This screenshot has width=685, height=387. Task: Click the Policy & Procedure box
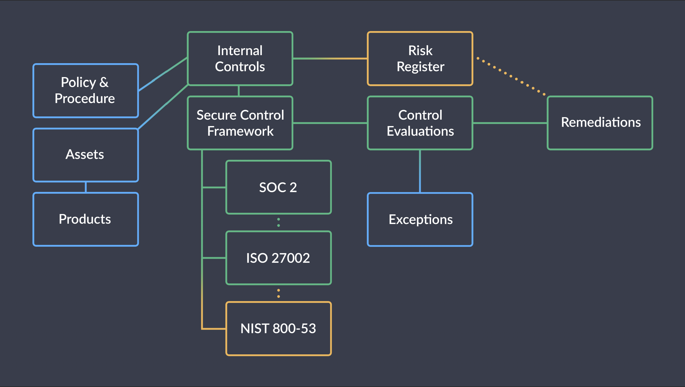[x=86, y=91]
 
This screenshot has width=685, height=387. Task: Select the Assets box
[x=86, y=155]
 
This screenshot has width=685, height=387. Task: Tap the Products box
[x=86, y=219]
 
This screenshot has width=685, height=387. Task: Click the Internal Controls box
[x=240, y=59]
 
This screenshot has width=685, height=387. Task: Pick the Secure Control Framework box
[x=240, y=123]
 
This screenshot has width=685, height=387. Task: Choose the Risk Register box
[x=420, y=59]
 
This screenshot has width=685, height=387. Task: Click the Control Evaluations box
[x=420, y=123]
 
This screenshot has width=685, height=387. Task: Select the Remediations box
[x=600, y=123]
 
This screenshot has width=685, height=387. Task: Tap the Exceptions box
[x=420, y=219]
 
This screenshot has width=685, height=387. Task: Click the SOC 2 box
[x=279, y=187]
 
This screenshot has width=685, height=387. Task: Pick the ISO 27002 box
[x=279, y=258]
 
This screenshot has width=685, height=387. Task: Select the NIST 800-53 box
[x=279, y=328]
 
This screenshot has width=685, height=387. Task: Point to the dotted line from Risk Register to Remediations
[x=511, y=76]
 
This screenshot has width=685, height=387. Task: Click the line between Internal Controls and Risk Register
[x=330, y=58]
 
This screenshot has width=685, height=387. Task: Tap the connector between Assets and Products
[x=86, y=187]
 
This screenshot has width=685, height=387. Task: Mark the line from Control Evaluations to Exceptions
[x=420, y=171]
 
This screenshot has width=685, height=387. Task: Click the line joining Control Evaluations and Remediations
[x=510, y=123]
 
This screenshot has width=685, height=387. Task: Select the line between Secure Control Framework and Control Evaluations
[x=330, y=123]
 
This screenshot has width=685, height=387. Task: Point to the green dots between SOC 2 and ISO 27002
[x=279, y=222]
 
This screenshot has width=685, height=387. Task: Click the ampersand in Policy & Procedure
[x=104, y=82]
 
